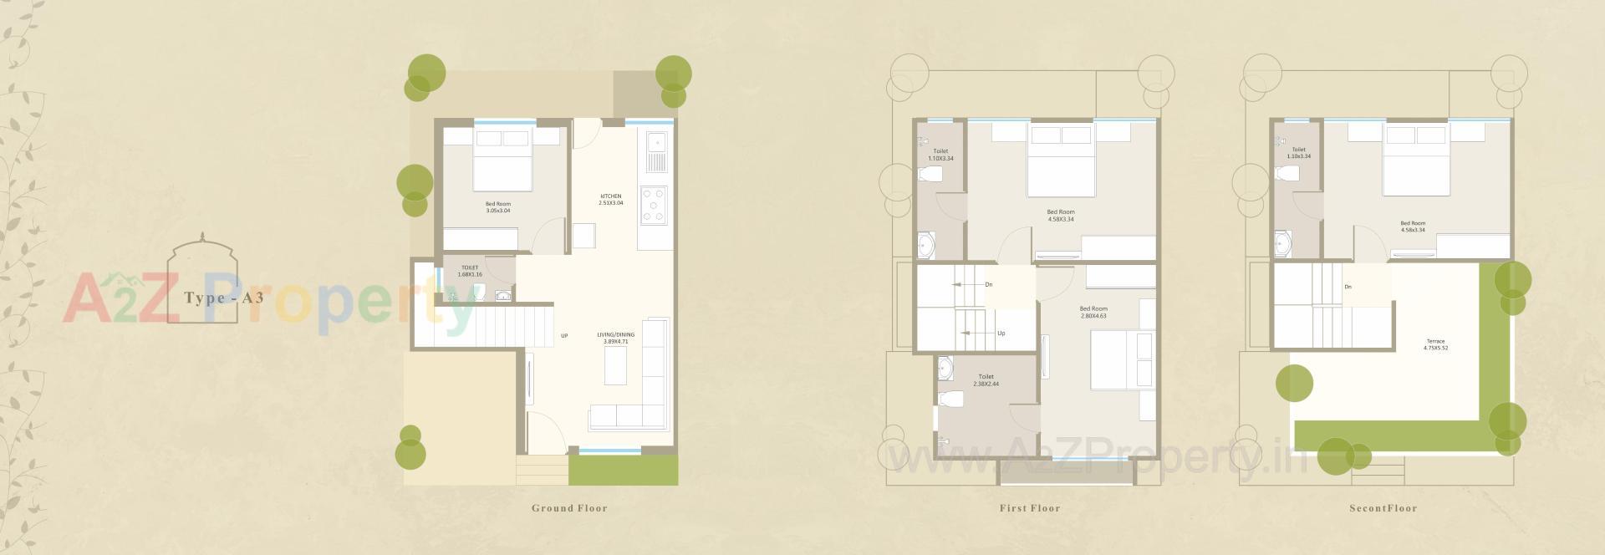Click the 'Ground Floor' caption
click(569, 508)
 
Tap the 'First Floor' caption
click(1029, 508)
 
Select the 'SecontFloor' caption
click(1383, 508)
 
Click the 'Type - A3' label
click(223, 298)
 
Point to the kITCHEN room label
click(610, 200)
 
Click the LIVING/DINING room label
click(615, 338)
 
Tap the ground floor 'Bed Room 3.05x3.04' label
click(497, 207)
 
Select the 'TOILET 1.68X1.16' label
click(470, 271)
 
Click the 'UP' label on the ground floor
click(564, 336)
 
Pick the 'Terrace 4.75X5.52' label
click(1434, 344)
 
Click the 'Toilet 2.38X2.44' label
click(986, 379)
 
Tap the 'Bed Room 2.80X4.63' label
click(1093, 313)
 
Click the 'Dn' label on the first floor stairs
click(989, 285)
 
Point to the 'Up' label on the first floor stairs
click(1001, 333)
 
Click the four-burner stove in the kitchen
click(654, 206)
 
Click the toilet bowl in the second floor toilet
click(1287, 174)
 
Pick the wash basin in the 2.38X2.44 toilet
click(945, 368)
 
